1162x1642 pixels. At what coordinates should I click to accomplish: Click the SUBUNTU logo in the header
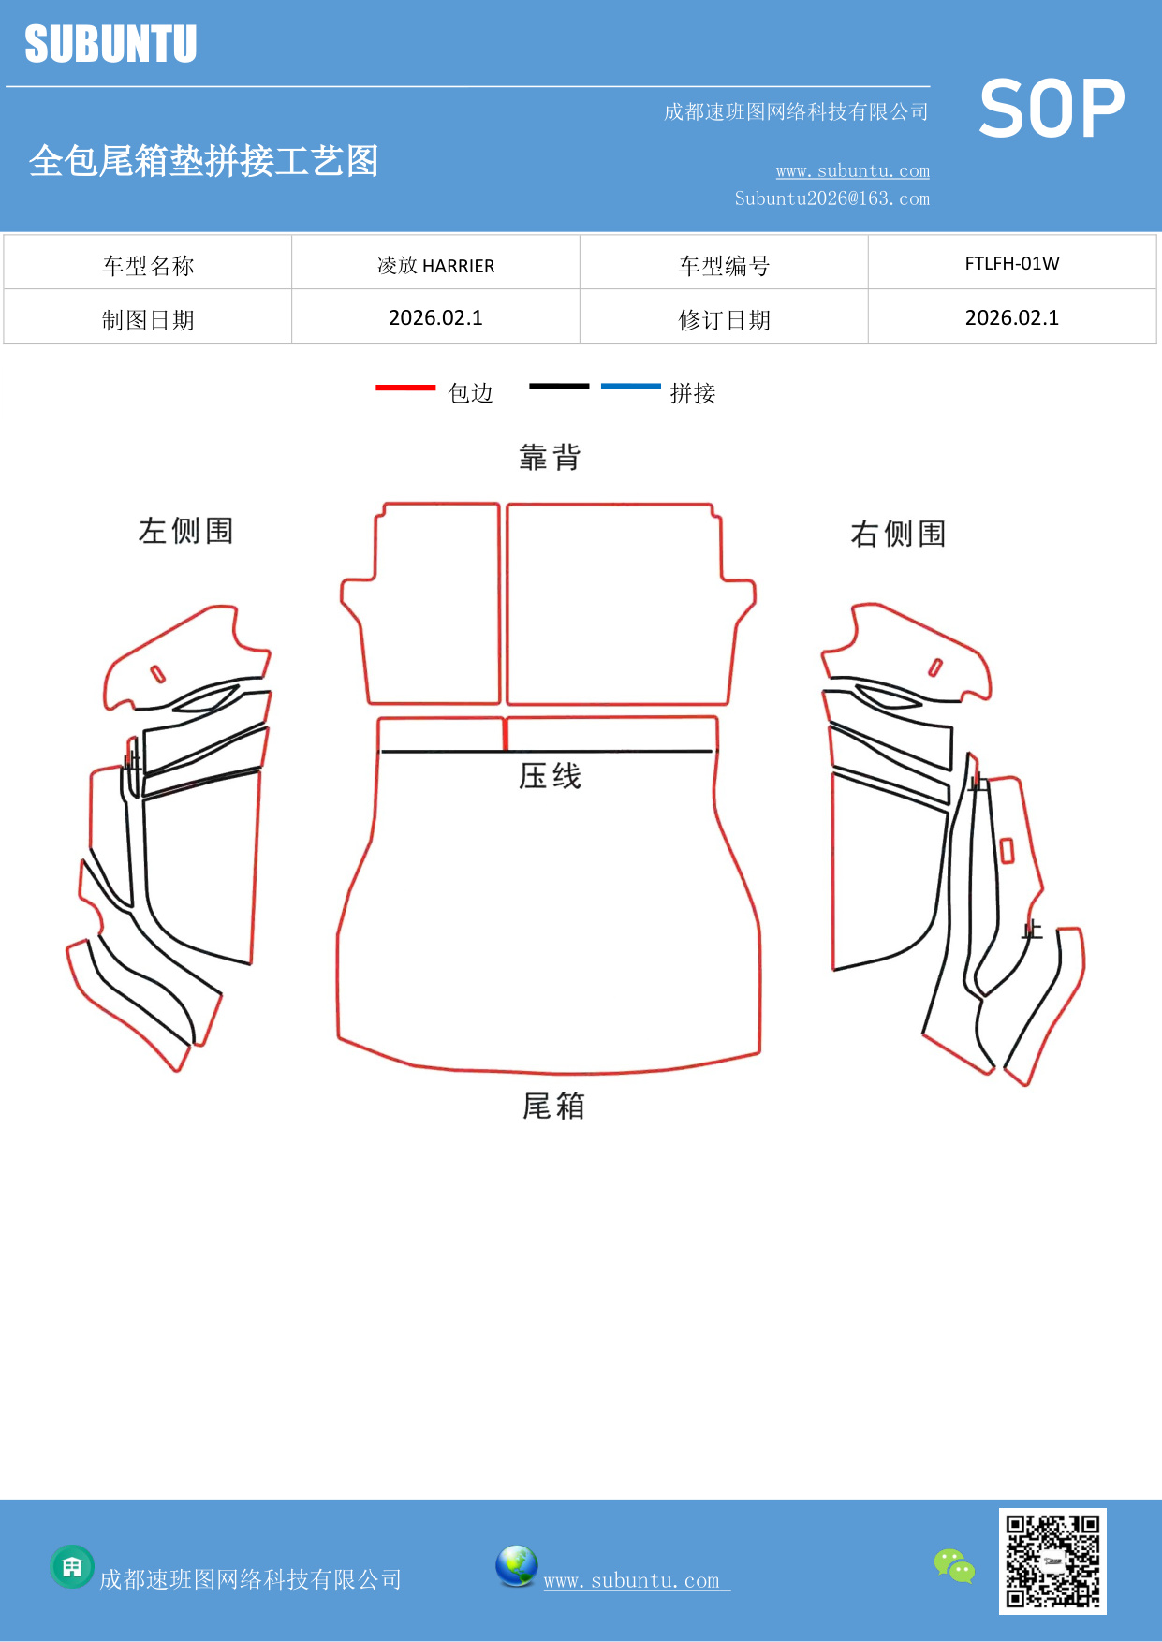(x=110, y=44)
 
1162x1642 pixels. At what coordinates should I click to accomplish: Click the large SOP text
(x=1052, y=109)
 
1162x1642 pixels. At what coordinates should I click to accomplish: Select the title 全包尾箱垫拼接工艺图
(x=203, y=161)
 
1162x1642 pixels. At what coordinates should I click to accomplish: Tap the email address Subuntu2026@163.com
(x=831, y=198)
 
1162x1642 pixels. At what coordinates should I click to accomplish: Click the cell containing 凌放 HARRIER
(x=435, y=266)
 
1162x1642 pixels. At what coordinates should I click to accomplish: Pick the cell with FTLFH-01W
(x=1011, y=264)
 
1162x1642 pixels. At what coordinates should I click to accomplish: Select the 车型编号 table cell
(x=724, y=266)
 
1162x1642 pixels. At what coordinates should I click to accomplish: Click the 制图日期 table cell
(x=148, y=320)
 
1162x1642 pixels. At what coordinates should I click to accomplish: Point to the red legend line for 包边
(x=405, y=387)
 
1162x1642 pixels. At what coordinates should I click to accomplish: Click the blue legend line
(x=630, y=386)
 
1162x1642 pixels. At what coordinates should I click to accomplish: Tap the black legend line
(x=559, y=386)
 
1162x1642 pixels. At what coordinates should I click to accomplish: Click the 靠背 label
(x=551, y=458)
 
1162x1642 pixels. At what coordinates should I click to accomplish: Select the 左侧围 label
(x=185, y=531)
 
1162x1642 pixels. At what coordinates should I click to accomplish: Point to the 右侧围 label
(x=898, y=534)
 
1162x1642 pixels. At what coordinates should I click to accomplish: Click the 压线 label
(x=551, y=776)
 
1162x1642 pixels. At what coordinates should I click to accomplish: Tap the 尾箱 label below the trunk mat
(x=553, y=1106)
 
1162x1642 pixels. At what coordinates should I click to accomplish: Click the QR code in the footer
(x=1052, y=1561)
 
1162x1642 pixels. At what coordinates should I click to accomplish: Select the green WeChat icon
(x=954, y=1565)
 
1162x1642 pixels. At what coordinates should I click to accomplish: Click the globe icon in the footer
(x=517, y=1566)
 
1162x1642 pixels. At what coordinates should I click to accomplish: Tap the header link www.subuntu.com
(x=852, y=171)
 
